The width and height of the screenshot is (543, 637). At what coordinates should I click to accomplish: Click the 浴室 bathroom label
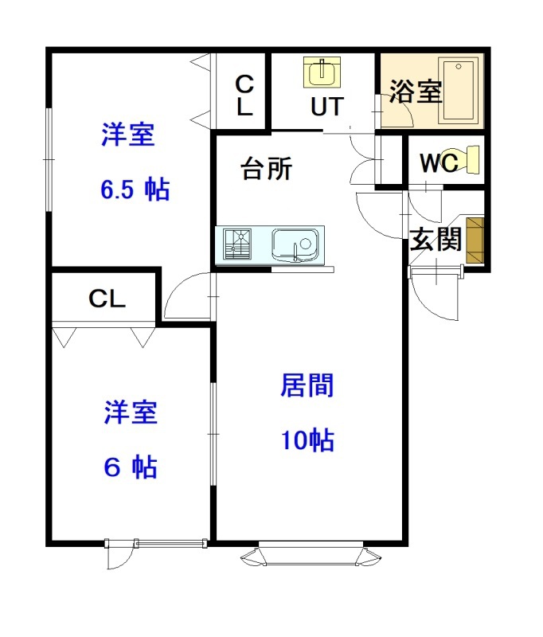click(x=416, y=92)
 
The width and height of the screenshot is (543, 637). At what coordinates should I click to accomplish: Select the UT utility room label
click(x=327, y=106)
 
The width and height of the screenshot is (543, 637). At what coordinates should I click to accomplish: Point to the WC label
click(x=438, y=162)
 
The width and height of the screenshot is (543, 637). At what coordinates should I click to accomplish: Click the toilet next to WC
click(x=465, y=158)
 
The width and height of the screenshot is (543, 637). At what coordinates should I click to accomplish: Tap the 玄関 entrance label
click(x=436, y=240)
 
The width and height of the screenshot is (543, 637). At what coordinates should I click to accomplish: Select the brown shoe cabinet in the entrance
click(x=475, y=240)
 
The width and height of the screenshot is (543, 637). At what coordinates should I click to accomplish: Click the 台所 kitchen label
click(x=268, y=169)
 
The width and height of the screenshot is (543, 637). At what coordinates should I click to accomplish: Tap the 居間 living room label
click(x=307, y=386)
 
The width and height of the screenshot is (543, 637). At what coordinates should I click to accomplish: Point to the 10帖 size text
click(x=307, y=440)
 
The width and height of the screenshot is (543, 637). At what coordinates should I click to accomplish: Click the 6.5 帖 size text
click(x=135, y=190)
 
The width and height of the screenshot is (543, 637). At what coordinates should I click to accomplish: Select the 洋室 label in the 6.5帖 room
click(x=127, y=135)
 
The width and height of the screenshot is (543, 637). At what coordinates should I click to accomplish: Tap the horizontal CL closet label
click(x=107, y=299)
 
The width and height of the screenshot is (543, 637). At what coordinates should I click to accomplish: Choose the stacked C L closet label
click(x=244, y=95)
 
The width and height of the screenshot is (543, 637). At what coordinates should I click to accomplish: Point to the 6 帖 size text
click(x=131, y=467)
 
